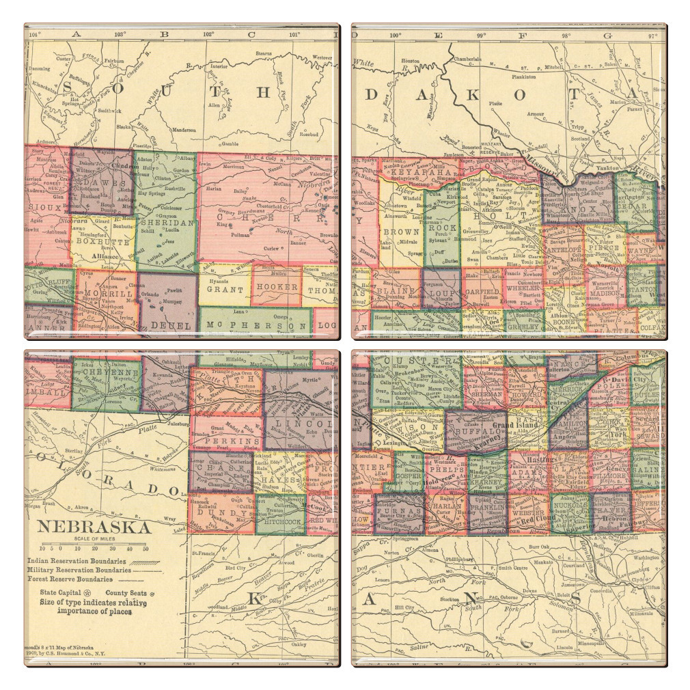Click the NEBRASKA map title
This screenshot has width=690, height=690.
(x=94, y=527)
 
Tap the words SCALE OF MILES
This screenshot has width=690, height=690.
(x=94, y=540)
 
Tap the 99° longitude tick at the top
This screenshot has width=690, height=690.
(x=481, y=33)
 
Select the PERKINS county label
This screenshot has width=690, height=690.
(x=224, y=442)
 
